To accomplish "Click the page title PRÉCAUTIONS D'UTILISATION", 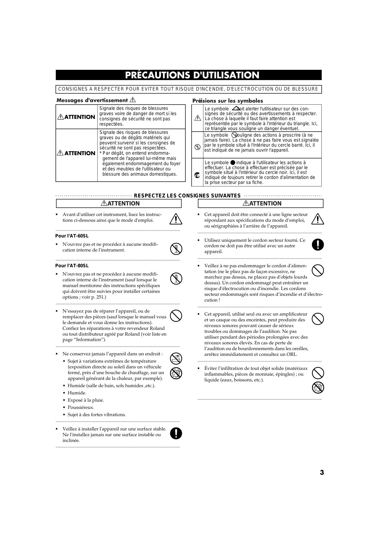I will pyautogui.click(x=192, y=75).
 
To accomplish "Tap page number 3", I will pyautogui.click(x=322, y=472).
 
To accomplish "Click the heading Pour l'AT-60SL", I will pyautogui.click(x=72, y=236).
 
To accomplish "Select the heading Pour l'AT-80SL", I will pyautogui.click(x=72, y=266).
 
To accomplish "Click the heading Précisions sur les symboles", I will pyautogui.click(x=227, y=101).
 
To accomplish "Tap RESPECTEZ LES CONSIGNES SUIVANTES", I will pyautogui.click(x=187, y=195).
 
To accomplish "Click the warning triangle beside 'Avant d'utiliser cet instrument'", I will pyautogui.click(x=176, y=219).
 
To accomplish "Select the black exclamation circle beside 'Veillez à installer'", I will pyautogui.click(x=176, y=433).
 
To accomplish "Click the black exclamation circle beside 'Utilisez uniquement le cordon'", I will pyautogui.click(x=318, y=244).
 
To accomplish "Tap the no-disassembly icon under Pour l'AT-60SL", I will pyautogui.click(x=176, y=249).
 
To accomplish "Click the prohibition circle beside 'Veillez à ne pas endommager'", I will pyautogui.click(x=318, y=270).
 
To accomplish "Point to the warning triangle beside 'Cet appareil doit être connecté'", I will pyautogui.click(x=318, y=219).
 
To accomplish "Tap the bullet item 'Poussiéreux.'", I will pyautogui.click(x=81, y=407).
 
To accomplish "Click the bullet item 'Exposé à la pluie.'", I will pyautogui.click(x=86, y=400).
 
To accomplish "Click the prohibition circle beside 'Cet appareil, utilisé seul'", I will pyautogui.click(x=318, y=319).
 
